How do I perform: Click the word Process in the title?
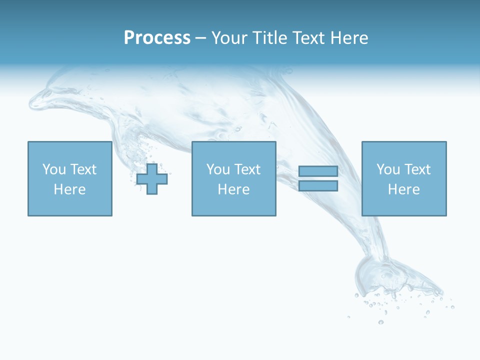(157, 38)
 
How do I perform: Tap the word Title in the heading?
(269, 38)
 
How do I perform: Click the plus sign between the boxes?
(152, 178)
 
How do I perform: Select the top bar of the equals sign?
(318, 171)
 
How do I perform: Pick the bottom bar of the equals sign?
(318, 186)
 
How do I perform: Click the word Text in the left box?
(83, 169)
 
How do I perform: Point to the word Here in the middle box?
(233, 189)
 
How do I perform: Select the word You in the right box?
(388, 169)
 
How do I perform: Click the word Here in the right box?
(403, 189)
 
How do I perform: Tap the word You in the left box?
(54, 169)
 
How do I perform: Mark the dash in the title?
(200, 38)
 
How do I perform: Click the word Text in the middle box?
(247, 169)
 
